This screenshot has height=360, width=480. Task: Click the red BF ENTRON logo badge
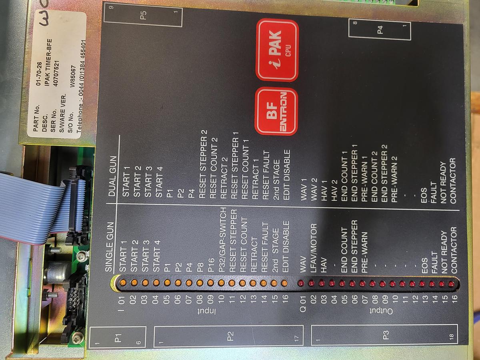[276, 111]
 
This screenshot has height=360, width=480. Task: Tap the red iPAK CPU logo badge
[277, 50]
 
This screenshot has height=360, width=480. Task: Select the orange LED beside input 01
[123, 282]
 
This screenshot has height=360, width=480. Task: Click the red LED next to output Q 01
[301, 283]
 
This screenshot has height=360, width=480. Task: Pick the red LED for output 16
[452, 284]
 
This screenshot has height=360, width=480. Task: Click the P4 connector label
[380, 30]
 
